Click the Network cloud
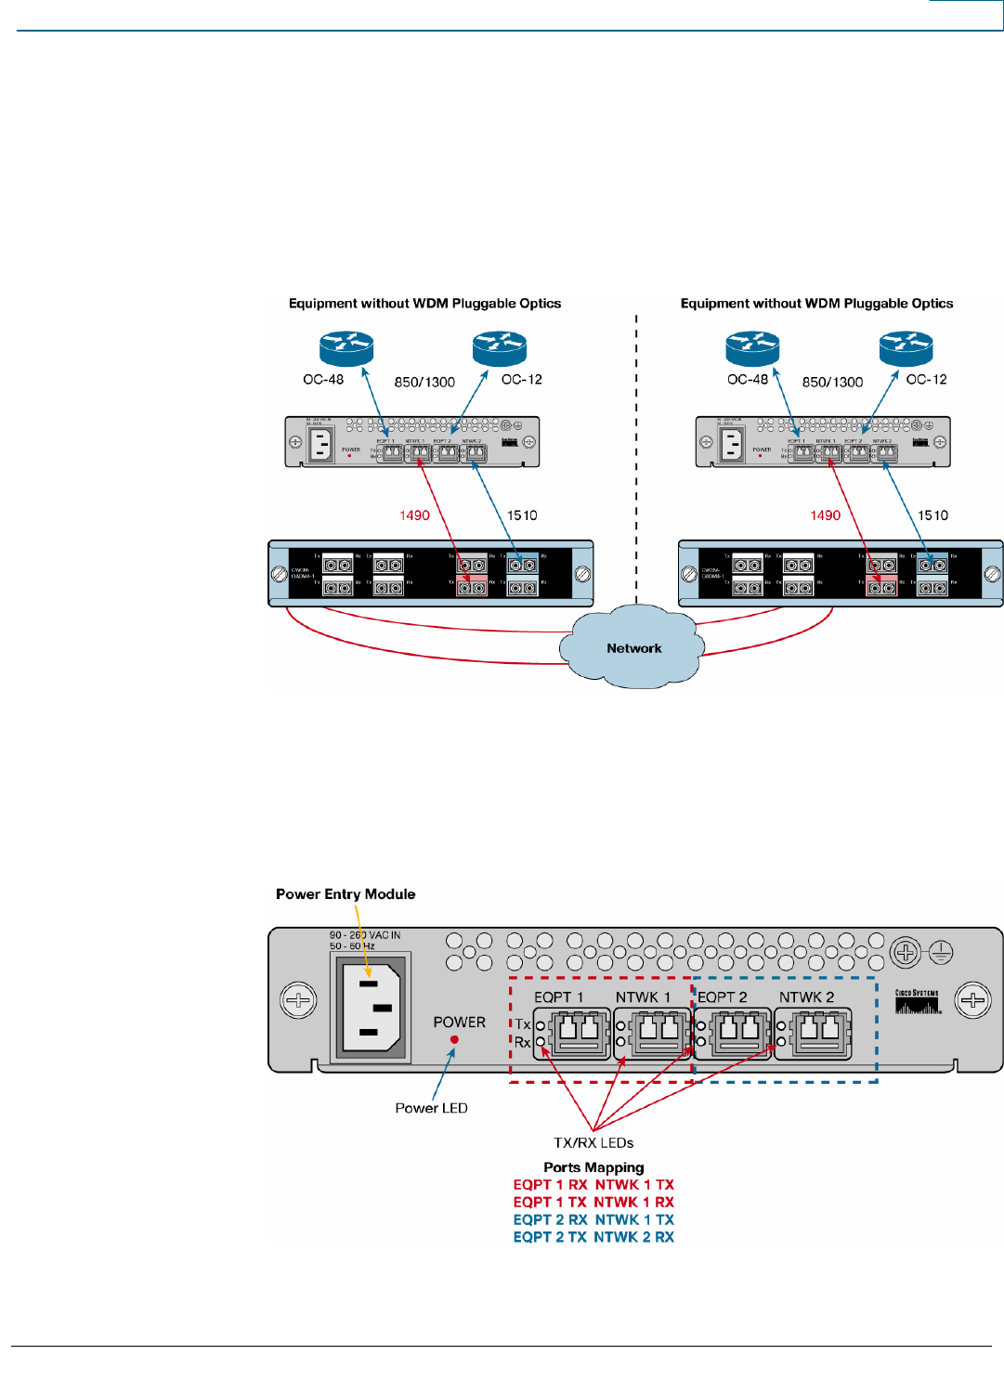634,648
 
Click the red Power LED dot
454,1039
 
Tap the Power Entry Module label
346,894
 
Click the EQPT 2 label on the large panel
723,997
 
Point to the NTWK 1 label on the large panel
643,997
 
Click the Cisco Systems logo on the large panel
918,1002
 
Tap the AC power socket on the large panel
371,1007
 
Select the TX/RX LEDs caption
593,1143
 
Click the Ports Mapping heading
593,1167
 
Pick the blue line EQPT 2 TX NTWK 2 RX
593,1237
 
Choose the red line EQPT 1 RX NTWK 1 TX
593,1185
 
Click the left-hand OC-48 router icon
346,348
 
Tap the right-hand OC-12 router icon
906,348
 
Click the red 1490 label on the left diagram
414,515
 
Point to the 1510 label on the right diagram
932,515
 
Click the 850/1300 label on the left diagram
424,382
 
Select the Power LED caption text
431,1108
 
